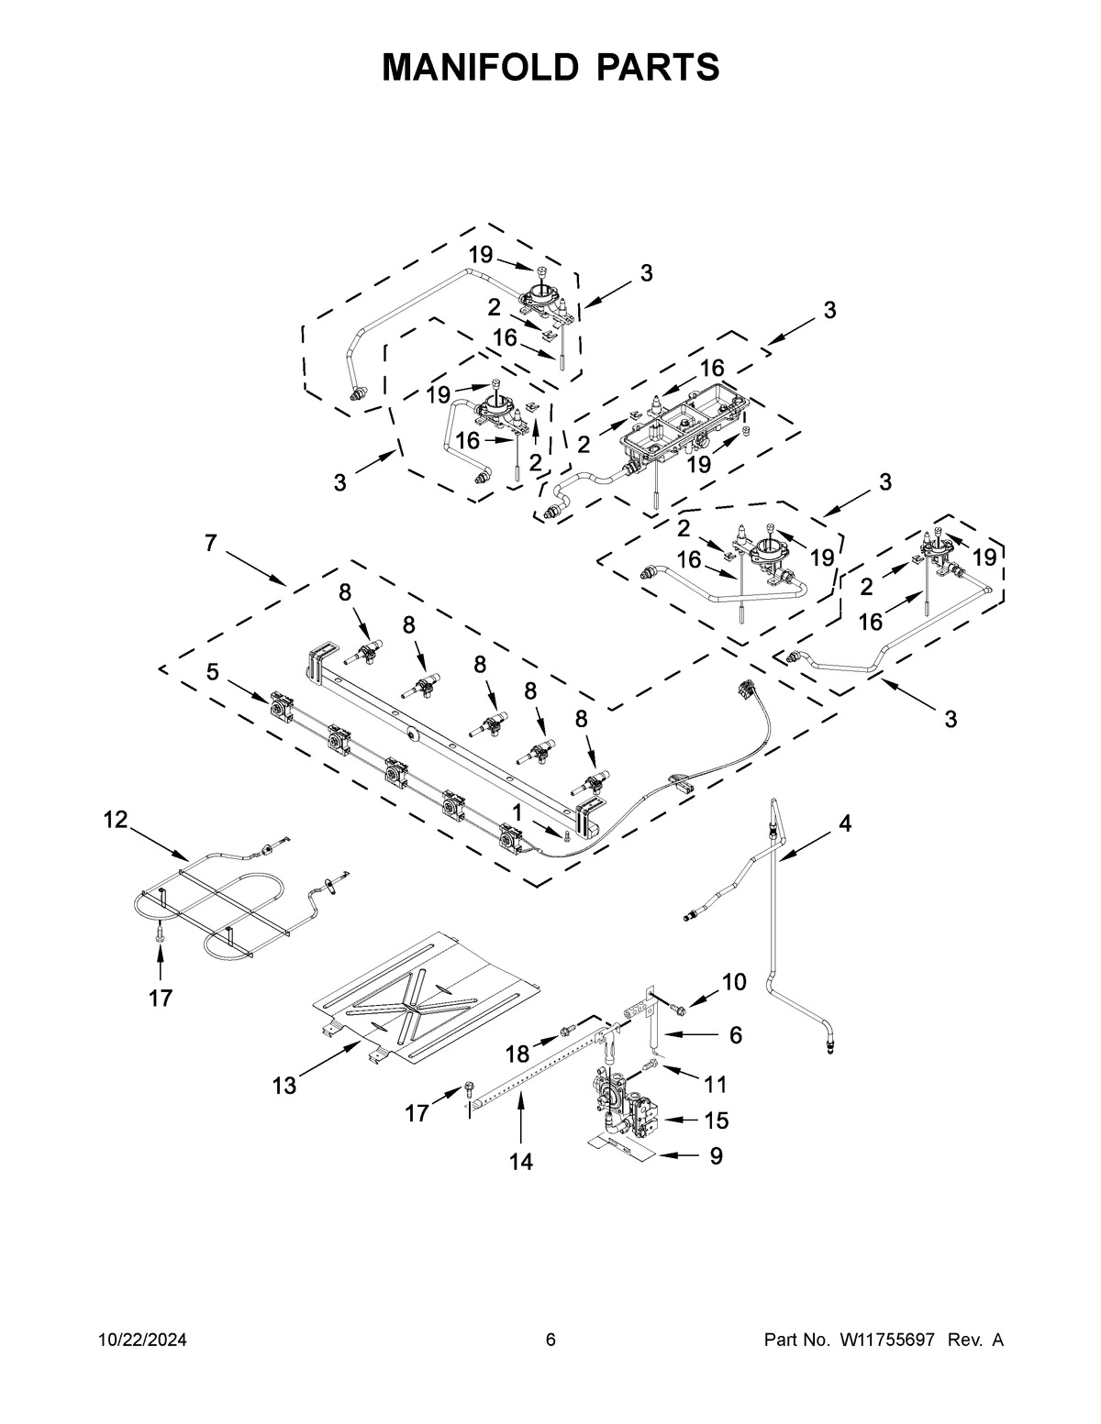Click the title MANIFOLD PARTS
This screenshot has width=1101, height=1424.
(x=550, y=68)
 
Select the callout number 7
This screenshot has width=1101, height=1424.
(x=211, y=544)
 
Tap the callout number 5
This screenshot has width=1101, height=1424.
(x=212, y=672)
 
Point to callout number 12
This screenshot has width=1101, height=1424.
(x=115, y=820)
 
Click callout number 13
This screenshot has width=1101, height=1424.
(x=284, y=1087)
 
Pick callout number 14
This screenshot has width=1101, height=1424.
(x=520, y=1162)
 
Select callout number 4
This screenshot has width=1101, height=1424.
(x=844, y=823)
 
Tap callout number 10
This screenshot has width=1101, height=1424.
(x=734, y=983)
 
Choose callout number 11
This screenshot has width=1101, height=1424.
(x=715, y=1085)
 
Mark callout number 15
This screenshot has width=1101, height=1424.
(x=716, y=1120)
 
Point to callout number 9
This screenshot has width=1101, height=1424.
(x=716, y=1157)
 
